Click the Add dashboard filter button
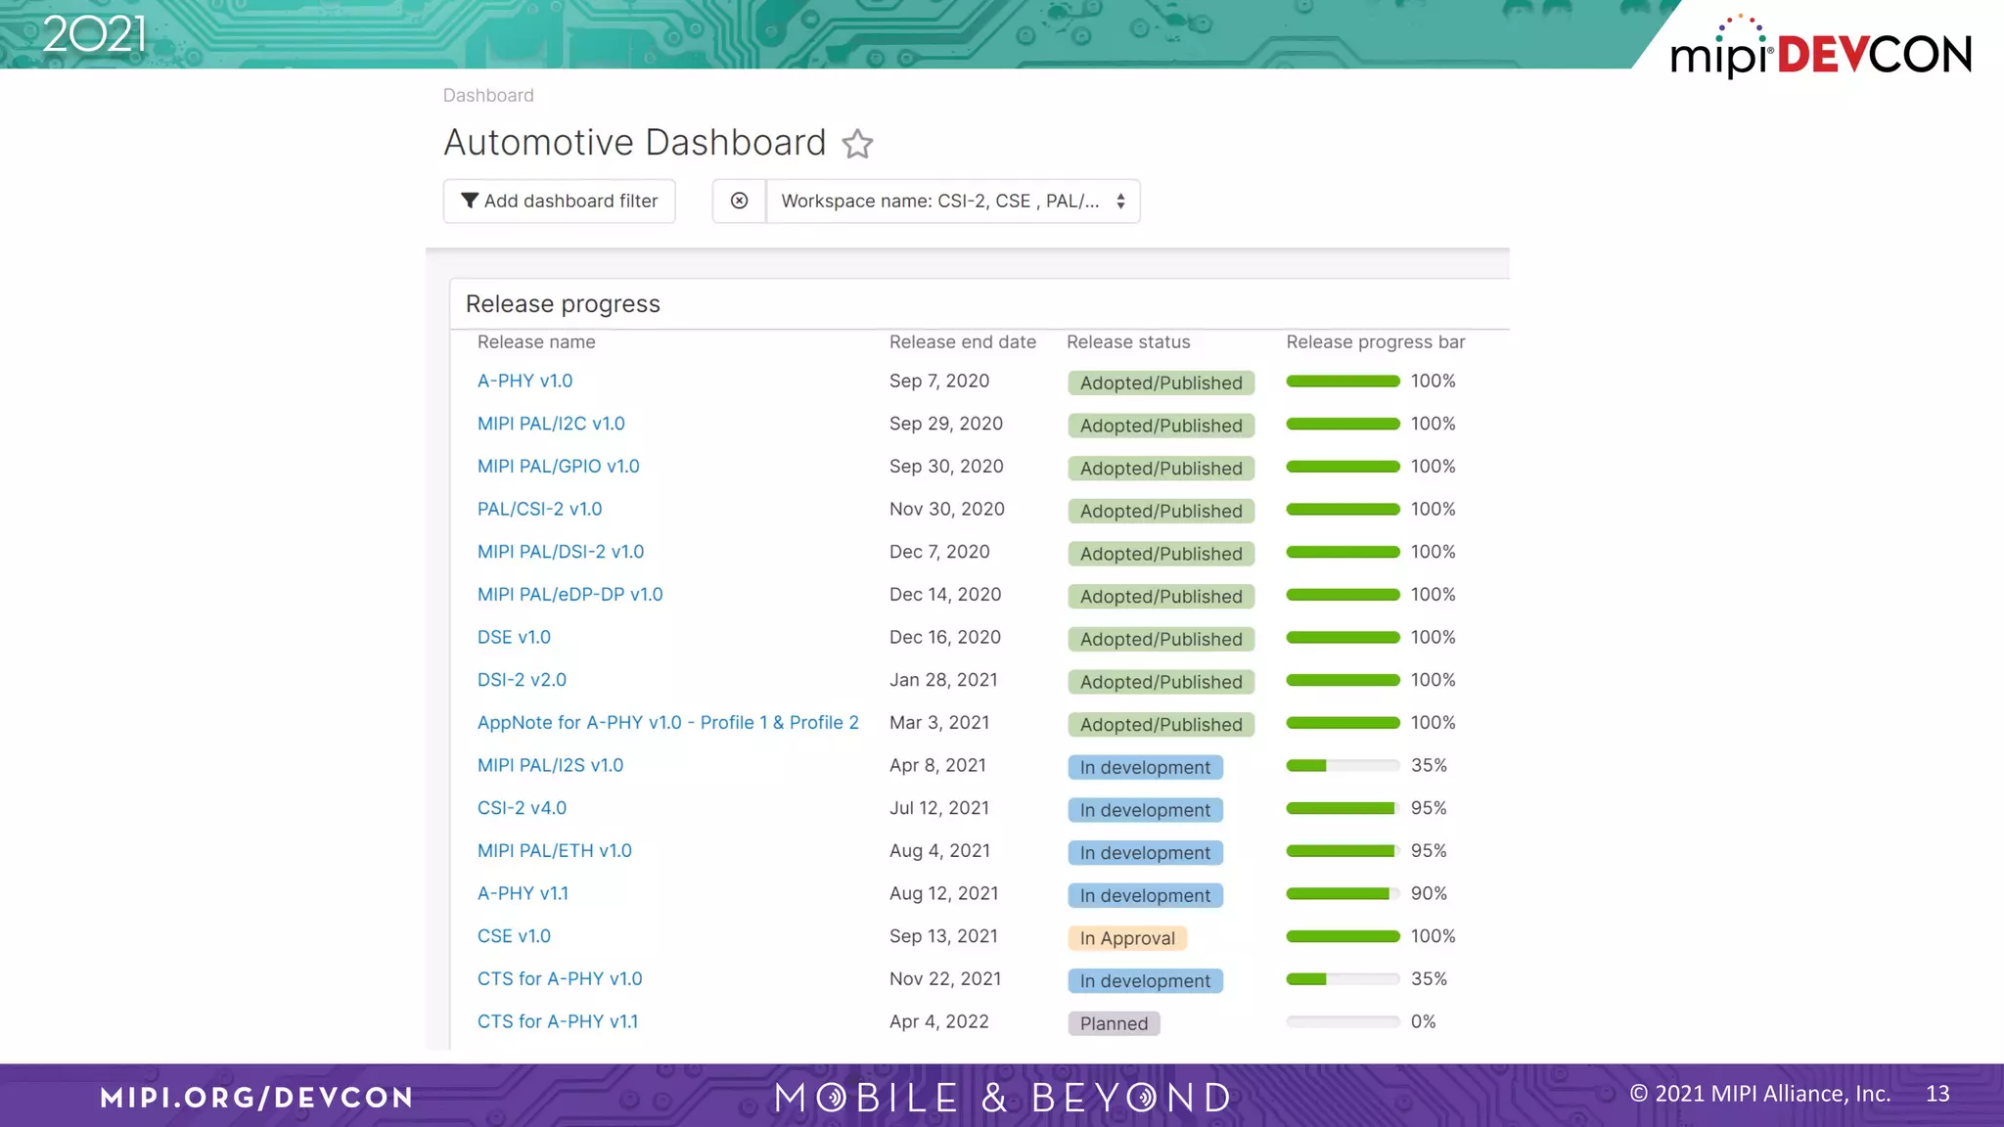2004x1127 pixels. point(559,201)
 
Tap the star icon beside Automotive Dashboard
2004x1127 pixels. point(857,144)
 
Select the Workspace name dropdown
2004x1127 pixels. point(952,201)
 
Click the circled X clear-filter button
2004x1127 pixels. point(739,201)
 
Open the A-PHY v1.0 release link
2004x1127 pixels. point(524,381)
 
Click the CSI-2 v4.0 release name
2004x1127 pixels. point(522,808)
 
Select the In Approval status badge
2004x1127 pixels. point(1126,938)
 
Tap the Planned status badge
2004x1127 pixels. point(1114,1023)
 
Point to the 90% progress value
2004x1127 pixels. point(1428,893)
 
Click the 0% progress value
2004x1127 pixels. point(1423,1021)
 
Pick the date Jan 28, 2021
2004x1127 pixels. point(942,680)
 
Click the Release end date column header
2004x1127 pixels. point(962,341)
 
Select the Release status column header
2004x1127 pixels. point(1127,341)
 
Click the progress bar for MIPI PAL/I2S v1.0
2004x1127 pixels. point(1342,766)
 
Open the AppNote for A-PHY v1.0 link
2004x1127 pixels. point(667,723)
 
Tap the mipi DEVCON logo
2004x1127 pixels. point(1820,49)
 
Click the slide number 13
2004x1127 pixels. point(1936,1094)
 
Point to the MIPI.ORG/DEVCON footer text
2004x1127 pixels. point(256,1097)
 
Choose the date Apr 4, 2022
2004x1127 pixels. point(938,1021)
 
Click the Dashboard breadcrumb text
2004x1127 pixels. point(487,95)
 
